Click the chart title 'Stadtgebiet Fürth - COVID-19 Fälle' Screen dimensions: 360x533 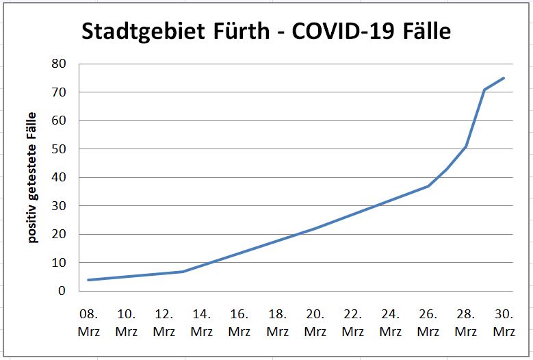tap(266, 31)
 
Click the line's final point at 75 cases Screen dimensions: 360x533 tap(504, 78)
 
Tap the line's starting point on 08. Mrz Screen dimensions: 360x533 tap(89, 280)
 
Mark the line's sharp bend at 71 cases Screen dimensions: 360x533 tap(484, 90)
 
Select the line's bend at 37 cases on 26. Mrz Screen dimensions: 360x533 tap(428, 185)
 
